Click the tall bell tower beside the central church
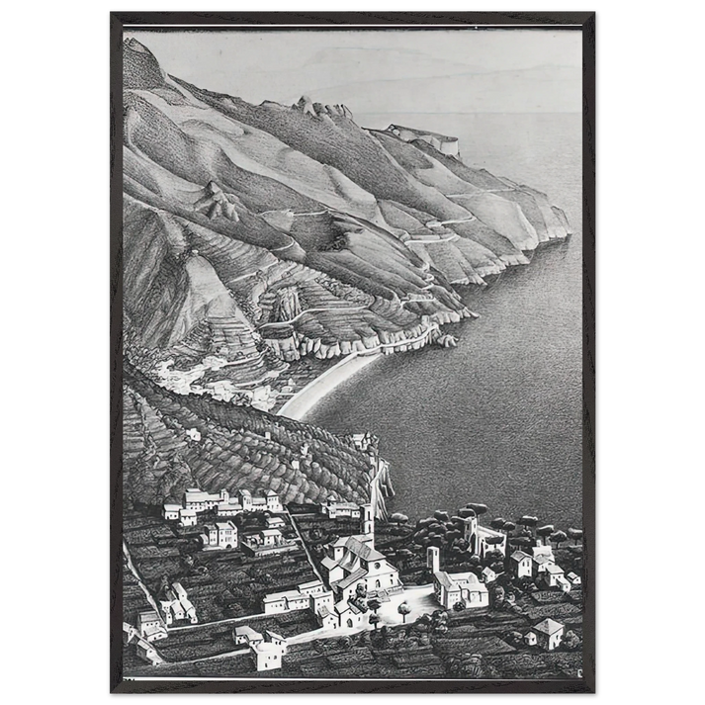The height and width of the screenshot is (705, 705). tap(367, 522)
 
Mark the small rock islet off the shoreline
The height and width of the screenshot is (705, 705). tap(450, 340)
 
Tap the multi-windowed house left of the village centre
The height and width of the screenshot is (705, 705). tap(220, 535)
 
